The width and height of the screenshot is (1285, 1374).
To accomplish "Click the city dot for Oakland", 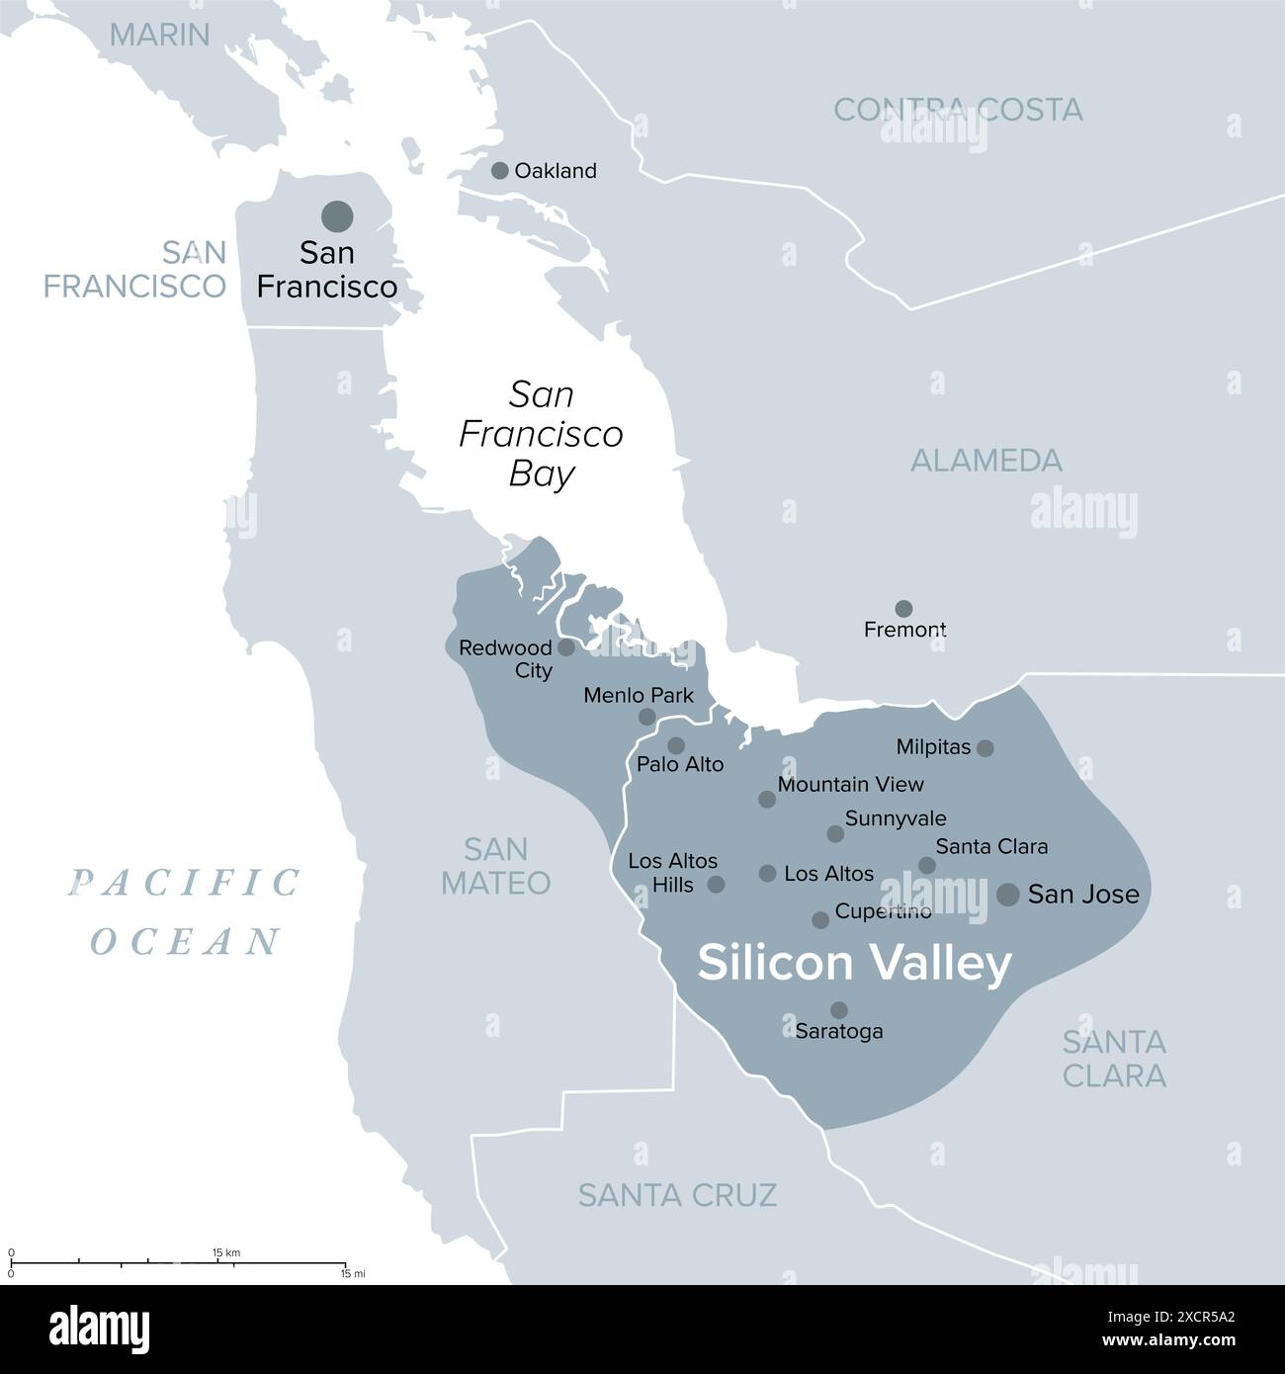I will (500, 170).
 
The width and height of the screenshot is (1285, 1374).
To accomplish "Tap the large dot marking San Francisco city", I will (337, 215).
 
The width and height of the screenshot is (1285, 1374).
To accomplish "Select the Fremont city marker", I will (903, 608).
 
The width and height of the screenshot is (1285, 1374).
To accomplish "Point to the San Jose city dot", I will (1007, 895).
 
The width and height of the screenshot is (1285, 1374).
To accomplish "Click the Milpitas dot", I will (985, 748).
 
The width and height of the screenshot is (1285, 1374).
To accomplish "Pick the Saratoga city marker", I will (838, 1009).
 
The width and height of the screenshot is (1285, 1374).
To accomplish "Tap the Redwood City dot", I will (566, 647).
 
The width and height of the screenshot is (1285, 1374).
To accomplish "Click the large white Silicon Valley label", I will (854, 964).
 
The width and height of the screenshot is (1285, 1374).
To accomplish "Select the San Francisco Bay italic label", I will (542, 435).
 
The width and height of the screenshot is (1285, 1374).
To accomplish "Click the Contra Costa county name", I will (958, 109).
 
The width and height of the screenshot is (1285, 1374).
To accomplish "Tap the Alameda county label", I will (985, 460).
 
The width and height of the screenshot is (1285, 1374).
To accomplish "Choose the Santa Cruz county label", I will (677, 1194).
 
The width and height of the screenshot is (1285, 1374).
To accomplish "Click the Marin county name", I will (159, 35).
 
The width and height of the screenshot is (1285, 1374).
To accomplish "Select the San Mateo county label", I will (495, 865).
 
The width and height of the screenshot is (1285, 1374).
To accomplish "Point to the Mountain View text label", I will (850, 784).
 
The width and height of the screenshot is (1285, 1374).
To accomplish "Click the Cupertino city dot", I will (820, 920).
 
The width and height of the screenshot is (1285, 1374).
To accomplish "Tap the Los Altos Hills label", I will (672, 873).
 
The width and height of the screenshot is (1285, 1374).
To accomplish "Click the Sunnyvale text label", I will (896, 818).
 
